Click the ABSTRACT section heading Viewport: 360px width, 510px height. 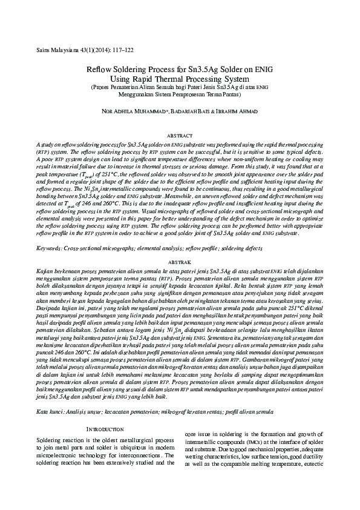pos(179,136)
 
